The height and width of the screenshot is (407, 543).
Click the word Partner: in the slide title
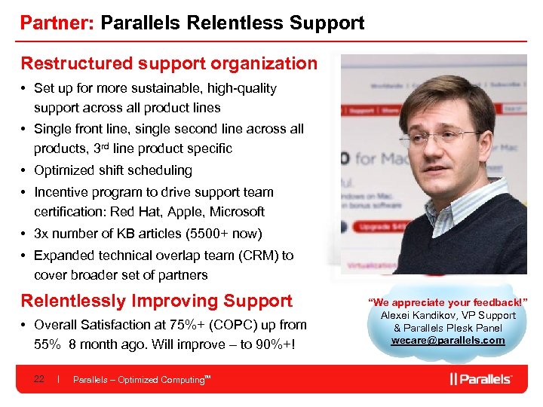pos(57,23)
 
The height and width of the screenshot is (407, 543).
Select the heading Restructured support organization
pos(169,63)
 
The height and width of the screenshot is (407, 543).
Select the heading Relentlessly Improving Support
pos(156,301)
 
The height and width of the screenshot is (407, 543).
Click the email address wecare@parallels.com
pos(447,340)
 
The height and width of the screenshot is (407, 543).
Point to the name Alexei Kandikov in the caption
pos(418,315)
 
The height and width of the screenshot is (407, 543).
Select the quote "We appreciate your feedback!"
pos(447,302)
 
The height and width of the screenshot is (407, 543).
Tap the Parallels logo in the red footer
pos(480,379)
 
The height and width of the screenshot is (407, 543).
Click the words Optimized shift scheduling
pos(113,170)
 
